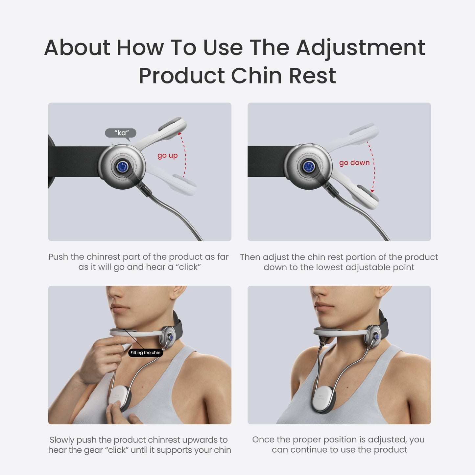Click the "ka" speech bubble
(x=121, y=133)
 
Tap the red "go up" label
(x=167, y=155)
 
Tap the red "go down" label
(x=354, y=163)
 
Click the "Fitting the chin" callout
(x=145, y=353)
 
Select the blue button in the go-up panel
(x=122, y=167)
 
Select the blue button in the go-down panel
(x=308, y=167)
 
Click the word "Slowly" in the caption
(x=62, y=440)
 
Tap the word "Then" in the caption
(x=250, y=257)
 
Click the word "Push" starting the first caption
(x=58, y=257)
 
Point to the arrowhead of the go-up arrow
(x=179, y=133)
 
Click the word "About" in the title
(x=77, y=48)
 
